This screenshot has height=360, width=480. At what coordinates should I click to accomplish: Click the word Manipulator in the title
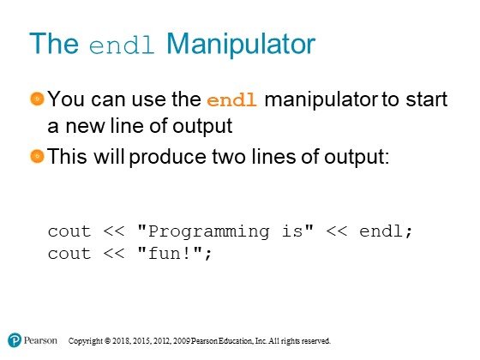241,44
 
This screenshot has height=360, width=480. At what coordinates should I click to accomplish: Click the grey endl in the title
122,45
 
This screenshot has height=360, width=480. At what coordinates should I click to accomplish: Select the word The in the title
54,43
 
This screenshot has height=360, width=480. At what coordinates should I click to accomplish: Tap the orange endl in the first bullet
231,100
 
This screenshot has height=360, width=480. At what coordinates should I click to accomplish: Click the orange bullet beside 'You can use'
38,99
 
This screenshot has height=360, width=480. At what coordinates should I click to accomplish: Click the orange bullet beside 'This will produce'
38,156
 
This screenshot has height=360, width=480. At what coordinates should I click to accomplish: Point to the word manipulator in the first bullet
321,99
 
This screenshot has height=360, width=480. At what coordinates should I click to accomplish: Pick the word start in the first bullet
427,99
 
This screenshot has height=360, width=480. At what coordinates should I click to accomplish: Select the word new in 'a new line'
85,127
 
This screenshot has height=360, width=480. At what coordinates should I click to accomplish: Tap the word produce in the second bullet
167,158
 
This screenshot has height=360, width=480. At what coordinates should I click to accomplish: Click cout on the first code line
69,231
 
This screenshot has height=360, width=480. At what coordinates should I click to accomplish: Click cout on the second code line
69,254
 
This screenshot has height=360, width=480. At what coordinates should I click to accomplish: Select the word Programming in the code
209,232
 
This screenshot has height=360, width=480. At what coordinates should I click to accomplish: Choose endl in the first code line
381,231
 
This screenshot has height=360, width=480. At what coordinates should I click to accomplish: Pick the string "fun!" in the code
171,253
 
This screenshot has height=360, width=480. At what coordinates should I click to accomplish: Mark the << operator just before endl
337,231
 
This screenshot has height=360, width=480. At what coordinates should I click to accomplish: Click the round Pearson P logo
15,340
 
